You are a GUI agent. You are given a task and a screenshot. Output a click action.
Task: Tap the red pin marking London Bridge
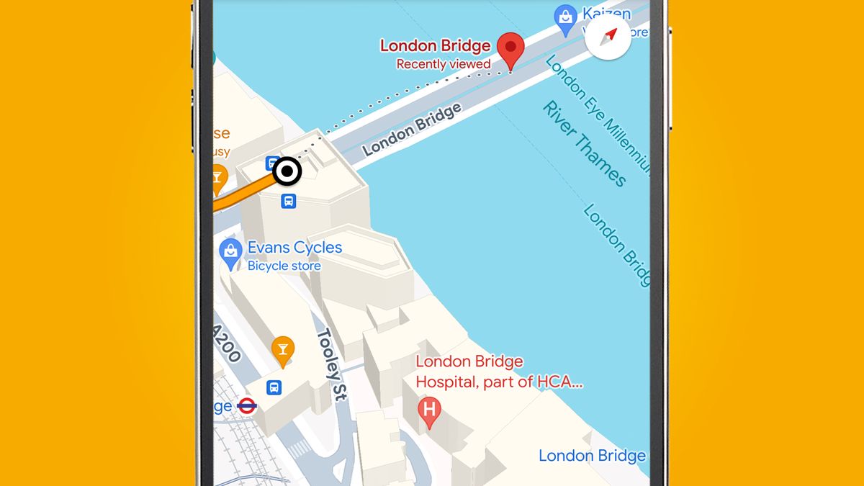(511, 49)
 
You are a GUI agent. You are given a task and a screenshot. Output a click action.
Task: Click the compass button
(609, 35)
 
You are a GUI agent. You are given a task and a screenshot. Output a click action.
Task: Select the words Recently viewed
(444, 64)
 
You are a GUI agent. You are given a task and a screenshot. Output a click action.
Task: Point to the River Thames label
(584, 144)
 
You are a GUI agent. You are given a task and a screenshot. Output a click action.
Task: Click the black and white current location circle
(287, 171)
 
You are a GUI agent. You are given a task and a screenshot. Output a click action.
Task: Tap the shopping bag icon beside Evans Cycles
(230, 253)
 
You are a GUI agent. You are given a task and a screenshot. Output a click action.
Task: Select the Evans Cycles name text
(294, 248)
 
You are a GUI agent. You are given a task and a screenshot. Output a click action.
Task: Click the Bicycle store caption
(284, 266)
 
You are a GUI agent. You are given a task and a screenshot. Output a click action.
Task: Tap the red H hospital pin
(429, 411)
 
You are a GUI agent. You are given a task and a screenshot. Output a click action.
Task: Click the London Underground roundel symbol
(247, 405)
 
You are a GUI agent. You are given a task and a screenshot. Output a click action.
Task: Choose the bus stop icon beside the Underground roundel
(274, 387)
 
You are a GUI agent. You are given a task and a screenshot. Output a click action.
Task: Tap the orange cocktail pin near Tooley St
(282, 349)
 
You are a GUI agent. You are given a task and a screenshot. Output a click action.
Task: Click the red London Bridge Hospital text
(498, 372)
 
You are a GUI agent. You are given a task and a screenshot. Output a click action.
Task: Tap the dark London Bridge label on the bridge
(411, 130)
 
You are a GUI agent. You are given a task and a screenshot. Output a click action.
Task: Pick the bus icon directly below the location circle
(288, 201)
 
